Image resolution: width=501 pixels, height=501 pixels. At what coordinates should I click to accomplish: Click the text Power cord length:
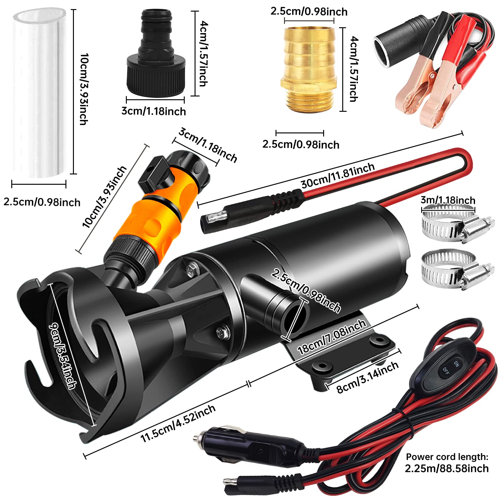click(447, 457)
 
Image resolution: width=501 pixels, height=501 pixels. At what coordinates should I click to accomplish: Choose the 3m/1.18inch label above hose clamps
click(448, 200)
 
